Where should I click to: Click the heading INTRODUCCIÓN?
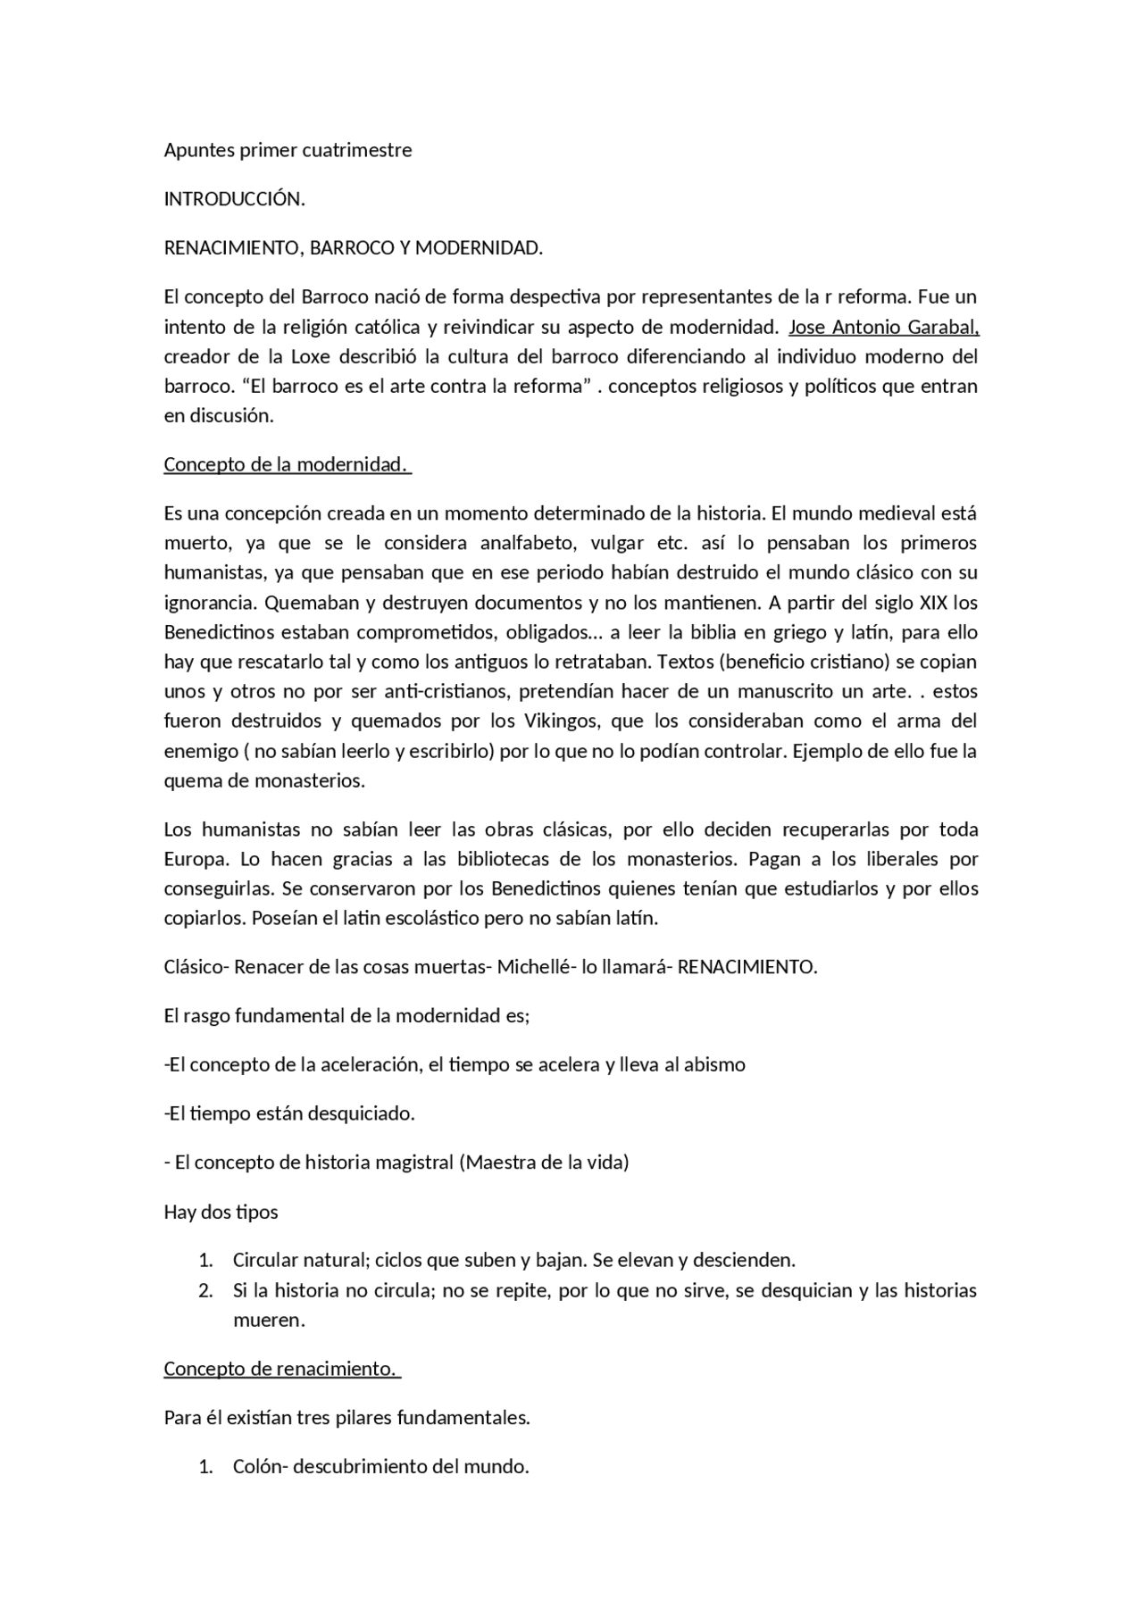234,199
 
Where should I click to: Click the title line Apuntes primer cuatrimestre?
288,150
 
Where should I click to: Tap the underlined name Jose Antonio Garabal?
883,327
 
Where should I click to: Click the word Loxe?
310,356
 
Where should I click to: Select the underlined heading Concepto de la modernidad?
287,465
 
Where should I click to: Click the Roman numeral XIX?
933,603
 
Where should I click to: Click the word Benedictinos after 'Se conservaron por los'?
546,888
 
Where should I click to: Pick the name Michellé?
536,967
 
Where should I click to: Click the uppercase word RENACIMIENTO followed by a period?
747,967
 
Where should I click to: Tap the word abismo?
714,1064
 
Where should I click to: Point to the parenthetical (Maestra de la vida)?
544,1163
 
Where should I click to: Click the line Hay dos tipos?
221,1212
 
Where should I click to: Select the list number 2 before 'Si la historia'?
205,1290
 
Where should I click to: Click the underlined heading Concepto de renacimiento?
281,1369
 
